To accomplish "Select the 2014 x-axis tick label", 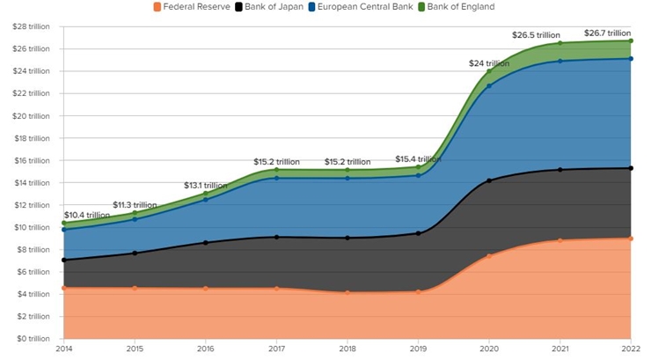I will click(x=63, y=350).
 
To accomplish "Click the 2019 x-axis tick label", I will click(x=418, y=350).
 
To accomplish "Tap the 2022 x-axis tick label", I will click(x=631, y=350).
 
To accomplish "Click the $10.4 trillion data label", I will click(x=87, y=215).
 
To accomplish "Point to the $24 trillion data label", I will click(x=488, y=63).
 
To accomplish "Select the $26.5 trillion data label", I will click(x=535, y=35).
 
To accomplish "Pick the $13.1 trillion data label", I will click(x=206, y=186).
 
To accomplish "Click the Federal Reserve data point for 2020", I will click(x=489, y=256).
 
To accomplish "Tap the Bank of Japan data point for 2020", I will click(x=489, y=180).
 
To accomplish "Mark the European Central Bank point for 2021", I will click(x=560, y=62).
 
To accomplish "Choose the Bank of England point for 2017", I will click(x=276, y=170).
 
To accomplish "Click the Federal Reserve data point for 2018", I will click(x=347, y=292).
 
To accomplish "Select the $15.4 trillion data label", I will click(x=418, y=159).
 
